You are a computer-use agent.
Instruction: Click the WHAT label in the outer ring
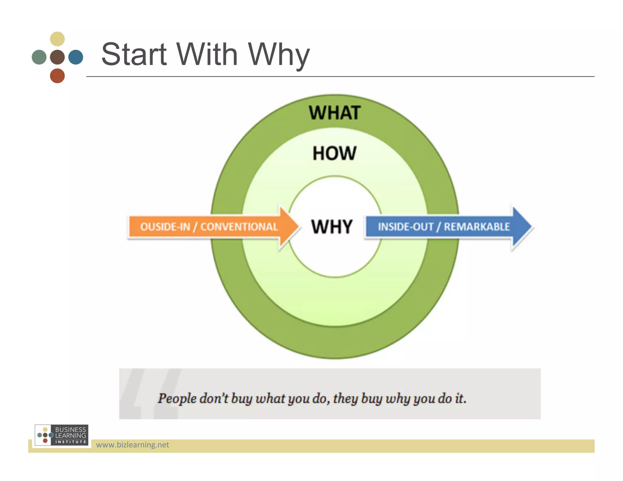click(x=335, y=113)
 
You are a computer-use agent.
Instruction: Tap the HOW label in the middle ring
click(x=334, y=153)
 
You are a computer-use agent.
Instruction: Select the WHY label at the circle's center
click(x=332, y=227)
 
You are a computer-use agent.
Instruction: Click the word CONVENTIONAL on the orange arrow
click(x=239, y=227)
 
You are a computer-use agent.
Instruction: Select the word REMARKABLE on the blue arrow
click(x=477, y=227)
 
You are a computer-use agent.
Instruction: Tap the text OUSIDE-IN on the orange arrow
click(x=165, y=227)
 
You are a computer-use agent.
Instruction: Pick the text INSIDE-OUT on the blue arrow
click(x=405, y=227)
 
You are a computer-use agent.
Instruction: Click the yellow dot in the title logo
click(x=57, y=39)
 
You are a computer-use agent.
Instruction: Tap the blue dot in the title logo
click(x=76, y=57)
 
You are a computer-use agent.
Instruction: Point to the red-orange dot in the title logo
click(x=57, y=76)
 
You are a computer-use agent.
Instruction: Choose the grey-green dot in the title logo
click(x=39, y=57)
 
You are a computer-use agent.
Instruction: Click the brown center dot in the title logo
click(x=57, y=57)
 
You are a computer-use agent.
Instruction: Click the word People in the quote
click(x=177, y=398)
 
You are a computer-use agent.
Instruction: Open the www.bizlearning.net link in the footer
click(x=132, y=445)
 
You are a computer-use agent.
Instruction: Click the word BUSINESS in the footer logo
click(x=71, y=429)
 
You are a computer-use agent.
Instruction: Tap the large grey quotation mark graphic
click(x=149, y=394)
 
